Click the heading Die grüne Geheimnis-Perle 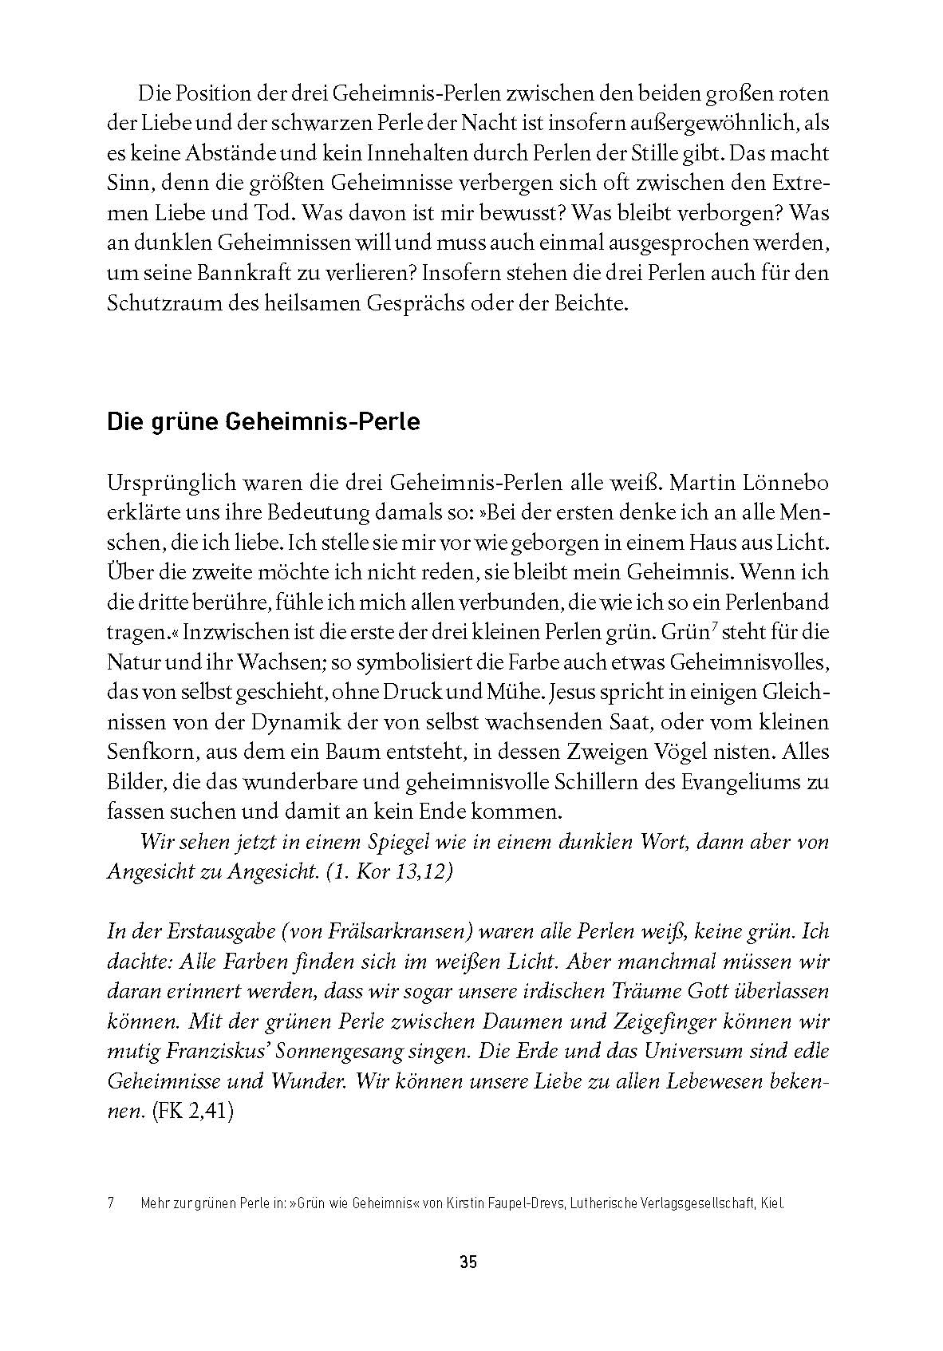(263, 421)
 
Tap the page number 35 (468, 1262)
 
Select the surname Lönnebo (779, 483)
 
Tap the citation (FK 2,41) (191, 1112)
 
